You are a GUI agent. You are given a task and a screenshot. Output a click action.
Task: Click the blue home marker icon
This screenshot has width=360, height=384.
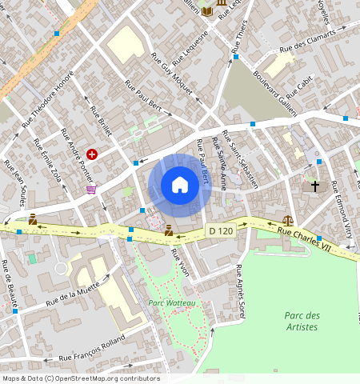(x=180, y=185)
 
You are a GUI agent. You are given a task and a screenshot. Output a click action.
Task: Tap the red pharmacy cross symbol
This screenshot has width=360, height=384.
(x=93, y=153)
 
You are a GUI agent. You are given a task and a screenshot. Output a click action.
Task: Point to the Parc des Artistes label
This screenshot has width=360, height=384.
(x=302, y=321)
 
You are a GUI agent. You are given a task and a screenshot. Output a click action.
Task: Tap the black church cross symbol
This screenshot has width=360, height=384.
(x=315, y=186)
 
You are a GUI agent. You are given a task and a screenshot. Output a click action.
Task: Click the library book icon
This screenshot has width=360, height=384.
(x=207, y=10)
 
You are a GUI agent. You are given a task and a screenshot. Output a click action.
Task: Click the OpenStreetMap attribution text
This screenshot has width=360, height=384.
(x=81, y=378)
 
